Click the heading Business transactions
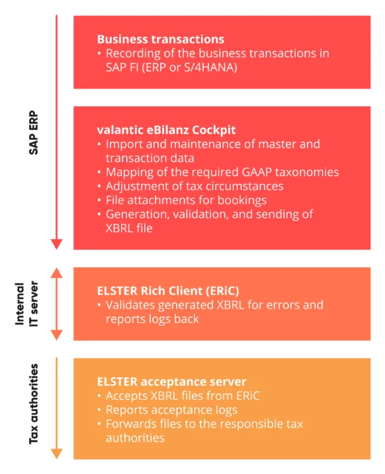point(161,40)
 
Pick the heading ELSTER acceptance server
point(172,382)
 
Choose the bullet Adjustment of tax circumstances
point(194,186)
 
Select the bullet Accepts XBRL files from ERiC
point(186,397)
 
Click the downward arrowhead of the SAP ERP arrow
point(57,243)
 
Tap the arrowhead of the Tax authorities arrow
point(57,453)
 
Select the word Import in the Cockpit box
point(124,144)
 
